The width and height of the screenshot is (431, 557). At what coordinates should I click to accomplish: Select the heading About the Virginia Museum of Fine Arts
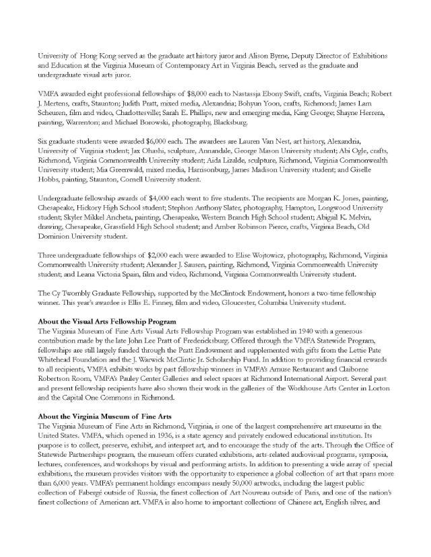point(104,418)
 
